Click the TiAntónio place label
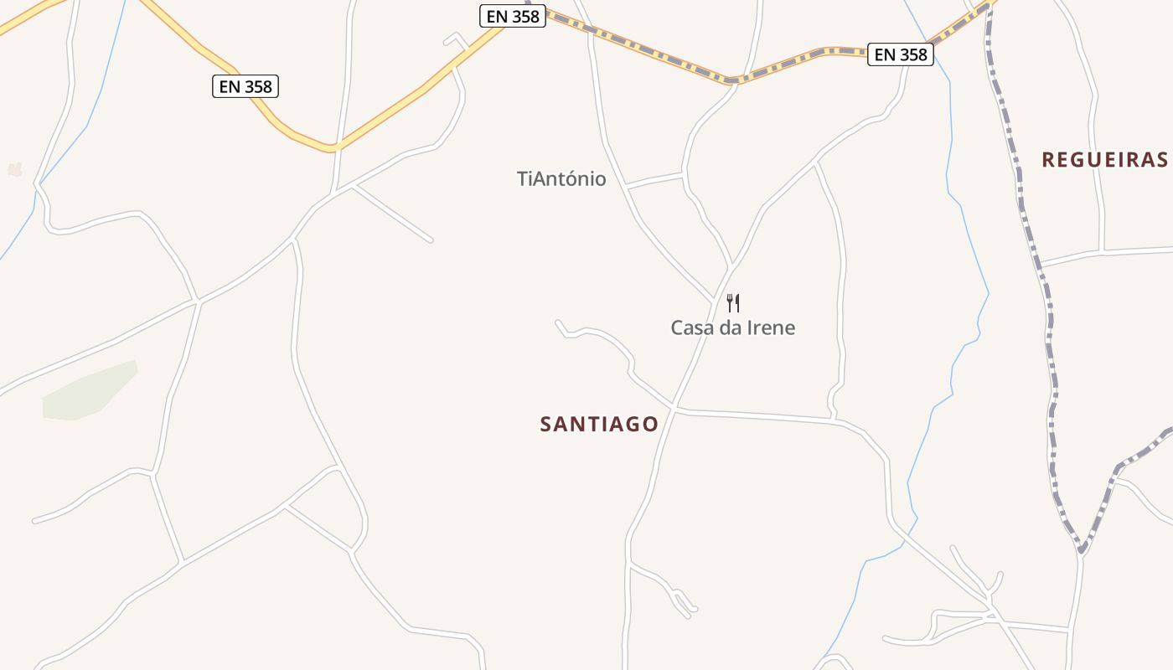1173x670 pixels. click(x=561, y=178)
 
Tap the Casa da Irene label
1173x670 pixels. click(x=732, y=327)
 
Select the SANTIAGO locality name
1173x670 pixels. click(x=599, y=425)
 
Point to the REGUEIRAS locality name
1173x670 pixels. click(x=1104, y=160)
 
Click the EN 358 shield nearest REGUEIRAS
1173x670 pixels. click(x=901, y=54)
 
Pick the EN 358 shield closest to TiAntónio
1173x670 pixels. click(x=513, y=16)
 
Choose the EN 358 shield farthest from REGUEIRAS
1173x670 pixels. click(x=245, y=85)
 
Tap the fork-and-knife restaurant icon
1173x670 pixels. click(x=733, y=302)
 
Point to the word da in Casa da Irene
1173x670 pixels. click(x=726, y=327)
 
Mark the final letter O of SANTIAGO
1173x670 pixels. click(x=651, y=425)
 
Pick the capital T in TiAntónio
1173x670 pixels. click(x=524, y=178)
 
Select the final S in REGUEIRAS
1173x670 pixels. click(x=1161, y=160)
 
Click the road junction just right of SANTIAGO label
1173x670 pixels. click(x=674, y=410)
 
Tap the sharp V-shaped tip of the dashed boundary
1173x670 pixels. click(x=1082, y=552)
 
